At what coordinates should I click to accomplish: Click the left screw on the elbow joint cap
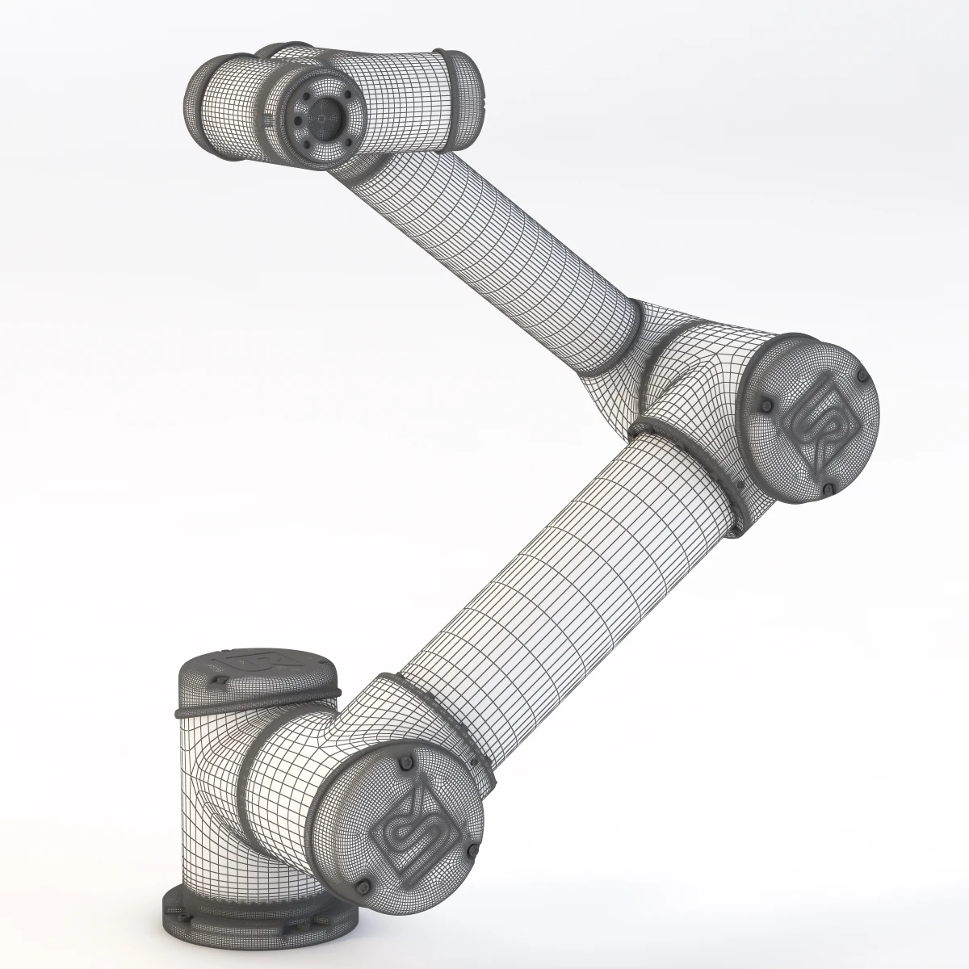click(x=766, y=406)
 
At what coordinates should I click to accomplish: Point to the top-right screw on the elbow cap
click(x=862, y=378)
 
